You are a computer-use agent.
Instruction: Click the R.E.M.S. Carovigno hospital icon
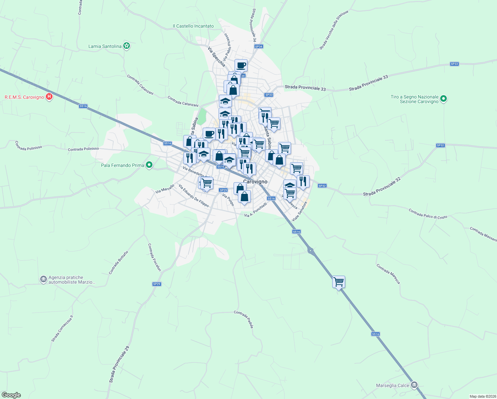coord(49,97)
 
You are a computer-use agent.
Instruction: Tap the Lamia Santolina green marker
coord(126,46)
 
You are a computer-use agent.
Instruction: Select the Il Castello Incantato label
coord(193,26)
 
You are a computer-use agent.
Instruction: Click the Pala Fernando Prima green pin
coord(149,165)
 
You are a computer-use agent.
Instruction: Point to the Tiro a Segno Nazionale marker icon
coord(444,99)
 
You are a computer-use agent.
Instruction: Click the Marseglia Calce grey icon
coord(414,385)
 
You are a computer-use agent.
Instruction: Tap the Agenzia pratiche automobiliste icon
coord(44,279)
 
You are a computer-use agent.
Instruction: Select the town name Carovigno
coord(255,182)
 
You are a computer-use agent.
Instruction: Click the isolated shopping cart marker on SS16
coord(339,282)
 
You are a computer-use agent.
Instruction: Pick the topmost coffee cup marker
coord(241,66)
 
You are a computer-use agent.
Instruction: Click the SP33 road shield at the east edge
coord(454,64)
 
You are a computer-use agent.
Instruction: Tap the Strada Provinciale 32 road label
coord(382,187)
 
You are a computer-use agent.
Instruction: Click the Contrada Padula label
coord(244,319)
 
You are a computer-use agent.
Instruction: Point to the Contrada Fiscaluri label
coord(154,257)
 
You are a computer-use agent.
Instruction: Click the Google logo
coord(11,395)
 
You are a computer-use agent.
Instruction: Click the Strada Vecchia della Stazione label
coord(334,30)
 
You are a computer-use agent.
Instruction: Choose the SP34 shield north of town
coord(258,47)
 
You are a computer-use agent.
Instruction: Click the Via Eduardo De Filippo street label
coord(194,196)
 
